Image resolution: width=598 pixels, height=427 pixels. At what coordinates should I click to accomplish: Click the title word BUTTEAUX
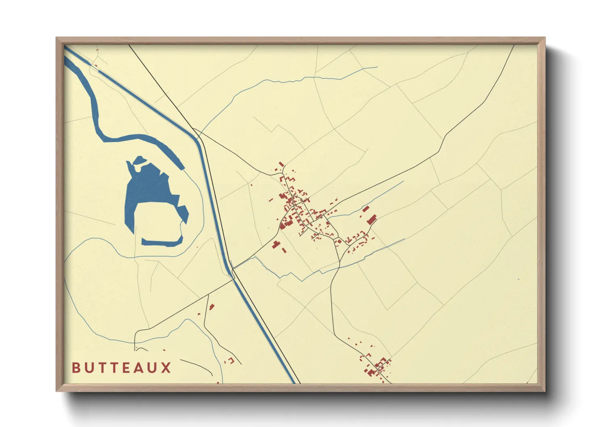point(122,368)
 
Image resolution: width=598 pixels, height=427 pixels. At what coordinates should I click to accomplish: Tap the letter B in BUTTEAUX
point(76,368)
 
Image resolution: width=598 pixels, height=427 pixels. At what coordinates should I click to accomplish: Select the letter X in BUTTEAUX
point(166,368)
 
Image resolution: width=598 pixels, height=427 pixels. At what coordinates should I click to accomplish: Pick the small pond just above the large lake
point(139,160)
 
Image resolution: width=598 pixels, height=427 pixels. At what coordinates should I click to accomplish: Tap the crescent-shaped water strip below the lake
point(162,242)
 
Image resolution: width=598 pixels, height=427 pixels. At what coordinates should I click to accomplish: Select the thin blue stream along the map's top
point(283,81)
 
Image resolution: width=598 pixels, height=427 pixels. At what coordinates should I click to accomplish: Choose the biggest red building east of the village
point(371,220)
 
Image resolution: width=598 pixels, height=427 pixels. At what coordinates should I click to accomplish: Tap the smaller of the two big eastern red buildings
point(366,209)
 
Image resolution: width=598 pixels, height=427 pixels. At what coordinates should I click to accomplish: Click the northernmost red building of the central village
point(281,164)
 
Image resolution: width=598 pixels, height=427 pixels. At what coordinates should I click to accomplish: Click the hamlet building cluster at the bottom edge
point(377,367)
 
